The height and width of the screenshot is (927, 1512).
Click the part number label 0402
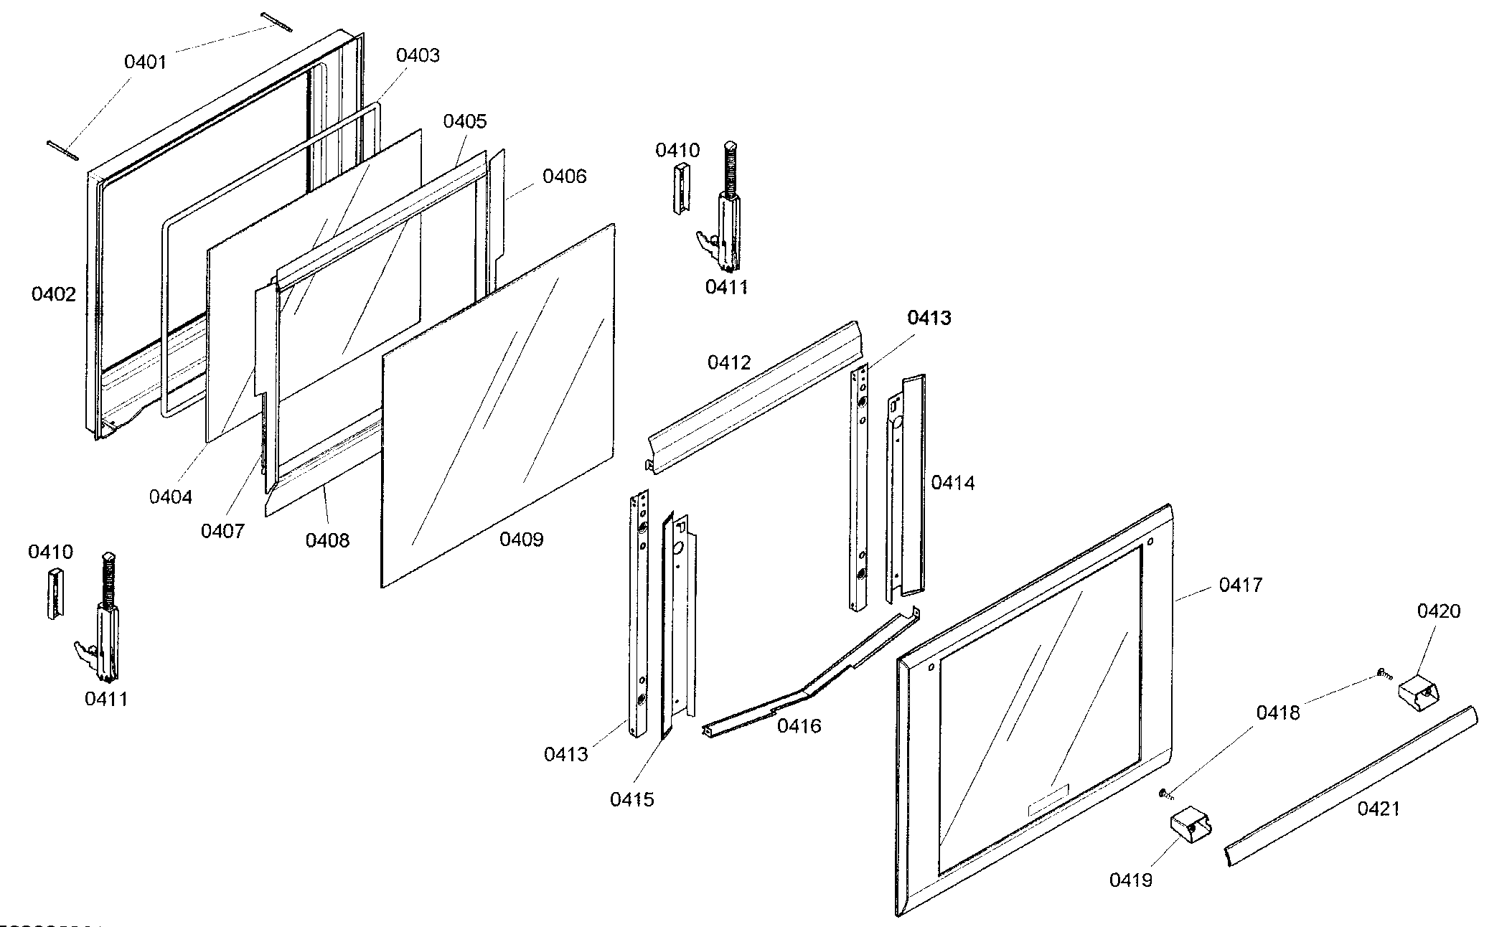click(53, 294)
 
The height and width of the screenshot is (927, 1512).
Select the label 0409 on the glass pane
click(521, 540)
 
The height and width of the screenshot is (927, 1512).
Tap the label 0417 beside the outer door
click(1240, 585)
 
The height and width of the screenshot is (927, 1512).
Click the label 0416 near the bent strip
click(799, 726)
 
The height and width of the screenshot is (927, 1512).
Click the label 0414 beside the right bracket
click(953, 483)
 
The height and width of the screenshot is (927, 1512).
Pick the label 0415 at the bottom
click(632, 799)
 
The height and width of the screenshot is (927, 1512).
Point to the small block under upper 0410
click(680, 187)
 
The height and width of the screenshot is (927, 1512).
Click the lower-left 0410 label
click(50, 552)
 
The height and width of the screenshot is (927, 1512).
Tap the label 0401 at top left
click(145, 62)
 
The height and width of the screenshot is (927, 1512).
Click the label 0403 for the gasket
click(418, 55)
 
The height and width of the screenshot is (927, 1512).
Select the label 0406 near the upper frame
click(564, 177)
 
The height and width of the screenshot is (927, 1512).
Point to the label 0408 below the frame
click(327, 540)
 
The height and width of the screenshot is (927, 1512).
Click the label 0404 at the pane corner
click(171, 497)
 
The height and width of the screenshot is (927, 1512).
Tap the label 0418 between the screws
click(1277, 713)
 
